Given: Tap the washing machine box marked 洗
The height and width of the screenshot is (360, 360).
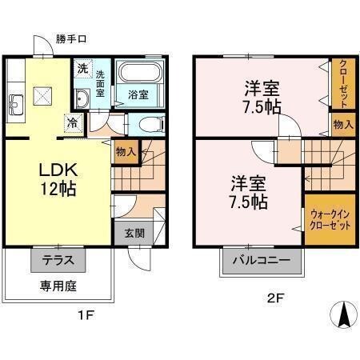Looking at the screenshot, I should [x=82, y=69].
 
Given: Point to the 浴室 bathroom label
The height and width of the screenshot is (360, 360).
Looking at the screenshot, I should [x=138, y=94].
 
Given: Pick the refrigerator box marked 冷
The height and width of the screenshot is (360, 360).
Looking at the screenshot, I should [x=73, y=123].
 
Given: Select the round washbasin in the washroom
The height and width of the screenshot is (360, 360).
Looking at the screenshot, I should [x=82, y=98].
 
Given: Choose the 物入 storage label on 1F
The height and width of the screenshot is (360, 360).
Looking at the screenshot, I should [x=125, y=150].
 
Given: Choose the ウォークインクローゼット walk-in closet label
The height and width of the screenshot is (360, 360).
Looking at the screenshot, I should [x=329, y=220].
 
